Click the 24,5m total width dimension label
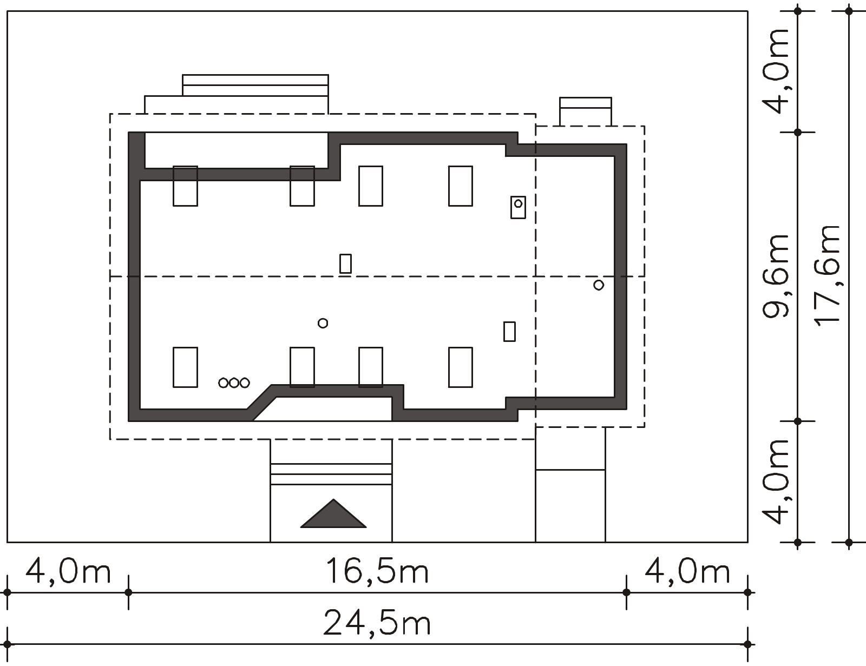pyautogui.click(x=377, y=623)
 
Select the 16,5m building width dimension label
pyautogui.click(x=377, y=571)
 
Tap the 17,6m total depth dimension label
pyautogui.click(x=827, y=276)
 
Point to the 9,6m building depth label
pyautogui.click(x=776, y=276)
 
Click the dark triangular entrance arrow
pyautogui.click(x=333, y=514)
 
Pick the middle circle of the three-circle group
pyautogui.click(x=234, y=383)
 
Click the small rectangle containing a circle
pyautogui.click(x=518, y=207)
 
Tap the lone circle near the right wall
pyautogui.click(x=599, y=285)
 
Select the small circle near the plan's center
pyautogui.click(x=323, y=323)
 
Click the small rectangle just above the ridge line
pyautogui.click(x=345, y=263)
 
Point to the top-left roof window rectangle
pyautogui.click(x=185, y=186)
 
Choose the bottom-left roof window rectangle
pyautogui.click(x=185, y=367)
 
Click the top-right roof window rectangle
pyautogui.click(x=461, y=186)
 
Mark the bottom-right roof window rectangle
pyautogui.click(x=461, y=367)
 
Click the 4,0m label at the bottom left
pyautogui.click(x=68, y=571)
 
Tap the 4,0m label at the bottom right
pyautogui.click(x=687, y=571)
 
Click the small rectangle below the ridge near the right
pyautogui.click(x=509, y=332)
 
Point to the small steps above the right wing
pyautogui.click(x=586, y=111)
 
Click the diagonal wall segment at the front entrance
pyautogui.click(x=262, y=403)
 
